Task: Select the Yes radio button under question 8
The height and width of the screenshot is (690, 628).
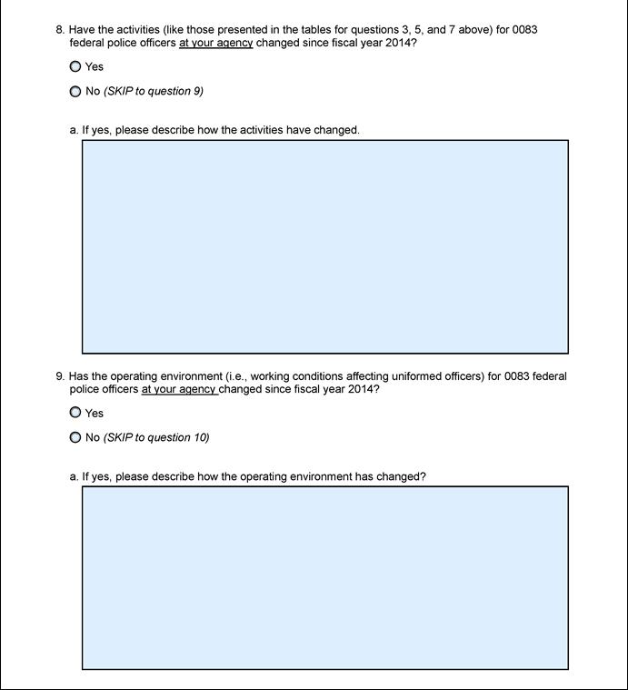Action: [x=75, y=66]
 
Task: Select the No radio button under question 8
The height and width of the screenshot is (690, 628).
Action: [x=75, y=91]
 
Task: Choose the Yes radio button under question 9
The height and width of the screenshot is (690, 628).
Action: [x=75, y=413]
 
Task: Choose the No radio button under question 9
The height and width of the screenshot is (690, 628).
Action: [x=75, y=437]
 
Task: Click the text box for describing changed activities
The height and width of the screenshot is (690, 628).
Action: [x=324, y=246]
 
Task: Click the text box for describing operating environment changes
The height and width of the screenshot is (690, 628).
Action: [x=324, y=577]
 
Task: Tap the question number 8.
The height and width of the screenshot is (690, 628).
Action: [x=60, y=29]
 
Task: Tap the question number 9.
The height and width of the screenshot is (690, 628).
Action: [x=60, y=375]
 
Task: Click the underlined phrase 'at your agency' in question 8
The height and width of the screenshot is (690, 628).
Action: [x=215, y=43]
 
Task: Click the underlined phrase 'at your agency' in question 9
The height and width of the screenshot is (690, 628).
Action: [x=178, y=389]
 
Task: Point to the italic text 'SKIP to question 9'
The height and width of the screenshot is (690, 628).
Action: [x=154, y=91]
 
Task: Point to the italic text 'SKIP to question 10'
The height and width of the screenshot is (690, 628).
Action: [x=156, y=437]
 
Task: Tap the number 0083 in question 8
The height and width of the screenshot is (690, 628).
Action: [x=524, y=29]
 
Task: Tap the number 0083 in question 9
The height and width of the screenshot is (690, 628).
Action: [x=517, y=375]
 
